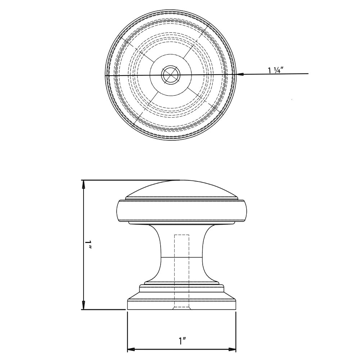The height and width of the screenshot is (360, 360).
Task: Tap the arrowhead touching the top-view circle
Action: click(x=241, y=74)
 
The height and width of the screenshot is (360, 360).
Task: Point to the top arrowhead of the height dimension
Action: click(x=84, y=184)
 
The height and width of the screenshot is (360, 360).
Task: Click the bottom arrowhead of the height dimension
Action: click(x=84, y=305)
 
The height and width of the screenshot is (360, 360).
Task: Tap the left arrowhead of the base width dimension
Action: click(x=131, y=350)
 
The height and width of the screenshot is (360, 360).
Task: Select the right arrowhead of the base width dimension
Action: click(x=232, y=350)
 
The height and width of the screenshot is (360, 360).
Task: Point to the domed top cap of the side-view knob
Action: click(x=181, y=189)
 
